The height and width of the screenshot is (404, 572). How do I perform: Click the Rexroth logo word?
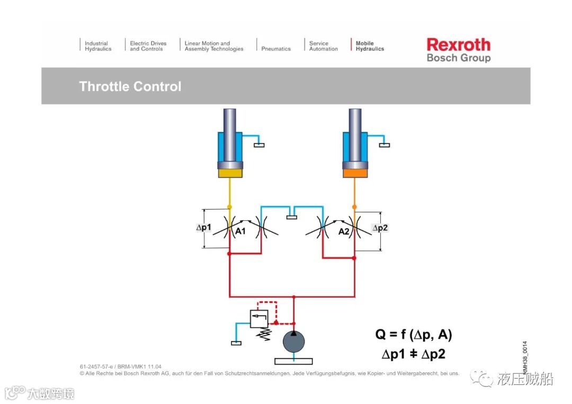pyautogui.click(x=458, y=44)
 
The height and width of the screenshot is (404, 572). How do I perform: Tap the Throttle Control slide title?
pyautogui.click(x=130, y=86)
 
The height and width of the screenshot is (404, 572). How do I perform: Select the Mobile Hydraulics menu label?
pyautogui.click(x=370, y=46)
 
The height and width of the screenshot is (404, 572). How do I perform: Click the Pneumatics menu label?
pyautogui.click(x=276, y=49)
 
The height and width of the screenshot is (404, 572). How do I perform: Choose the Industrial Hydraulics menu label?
pyautogui.click(x=98, y=46)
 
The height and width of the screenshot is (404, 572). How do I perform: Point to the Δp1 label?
pyautogui.click(x=204, y=228)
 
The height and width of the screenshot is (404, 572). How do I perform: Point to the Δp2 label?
pyautogui.click(x=380, y=228)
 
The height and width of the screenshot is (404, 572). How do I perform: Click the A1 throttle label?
pyautogui.click(x=240, y=231)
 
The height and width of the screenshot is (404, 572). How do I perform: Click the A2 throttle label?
pyautogui.click(x=344, y=231)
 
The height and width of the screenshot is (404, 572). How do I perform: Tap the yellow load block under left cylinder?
pyautogui.click(x=230, y=173)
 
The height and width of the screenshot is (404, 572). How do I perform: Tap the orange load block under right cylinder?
pyautogui.click(x=355, y=173)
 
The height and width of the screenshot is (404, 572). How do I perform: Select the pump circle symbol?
pyautogui.click(x=294, y=341)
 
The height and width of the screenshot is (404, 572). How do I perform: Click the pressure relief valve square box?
pyautogui.click(x=259, y=318)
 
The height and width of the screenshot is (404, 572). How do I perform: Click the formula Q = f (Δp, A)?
pyautogui.click(x=414, y=335)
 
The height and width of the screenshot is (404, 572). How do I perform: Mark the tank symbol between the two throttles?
pyautogui.click(x=292, y=215)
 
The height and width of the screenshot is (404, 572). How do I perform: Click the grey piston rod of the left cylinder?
pyautogui.click(x=230, y=132)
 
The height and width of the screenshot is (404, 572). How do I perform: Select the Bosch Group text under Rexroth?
pyautogui.click(x=458, y=58)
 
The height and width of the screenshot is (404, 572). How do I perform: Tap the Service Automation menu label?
pyautogui.click(x=323, y=46)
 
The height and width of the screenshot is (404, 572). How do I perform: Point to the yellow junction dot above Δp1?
pyautogui.click(x=229, y=207)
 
